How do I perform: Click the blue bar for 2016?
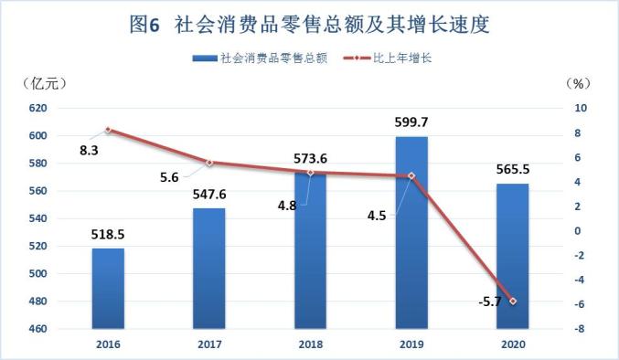pos(108,288)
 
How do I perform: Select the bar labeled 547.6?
pos(209,269)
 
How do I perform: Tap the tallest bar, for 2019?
pos(411,233)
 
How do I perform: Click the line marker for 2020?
pos(513,302)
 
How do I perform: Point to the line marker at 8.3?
pos(108,130)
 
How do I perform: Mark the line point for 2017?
pos(209,163)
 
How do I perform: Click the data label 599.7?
pos(411,122)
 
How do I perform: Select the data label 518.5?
pos(108,234)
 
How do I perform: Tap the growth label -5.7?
pos(489,302)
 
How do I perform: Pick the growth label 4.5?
pos(377,216)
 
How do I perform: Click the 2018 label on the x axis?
pos(311,344)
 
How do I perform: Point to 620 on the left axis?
pos(37,108)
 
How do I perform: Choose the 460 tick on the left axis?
pos(37,328)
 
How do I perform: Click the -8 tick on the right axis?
pos(579,328)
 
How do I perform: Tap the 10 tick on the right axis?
pos(581,108)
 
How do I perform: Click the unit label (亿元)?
pos(43,83)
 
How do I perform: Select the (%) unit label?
pos(578,83)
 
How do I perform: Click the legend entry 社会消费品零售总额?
pos(261,58)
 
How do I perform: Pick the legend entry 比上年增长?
pos(388,58)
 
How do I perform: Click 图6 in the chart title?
pos(144,25)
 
